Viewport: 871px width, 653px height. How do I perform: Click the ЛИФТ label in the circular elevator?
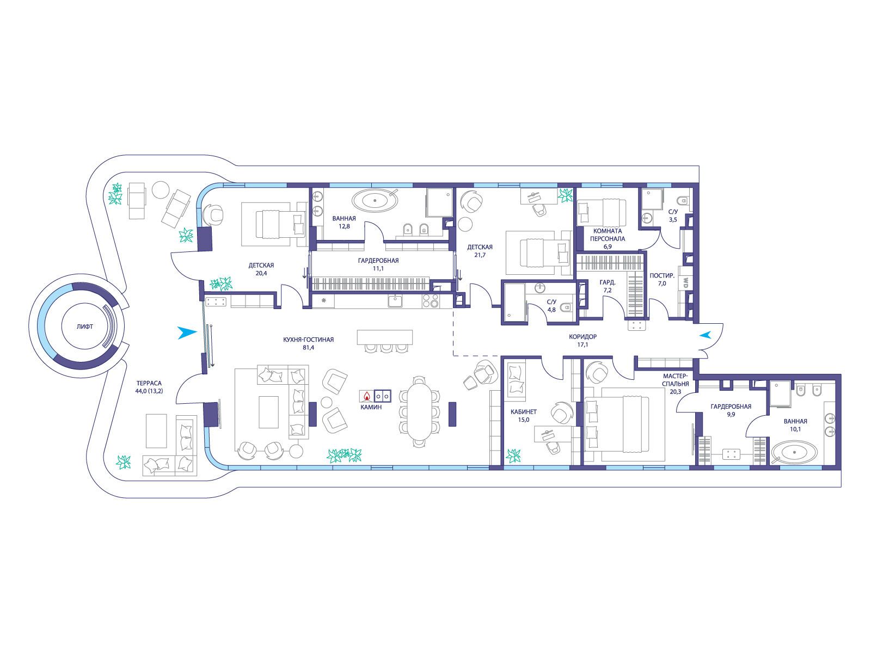coord(84,326)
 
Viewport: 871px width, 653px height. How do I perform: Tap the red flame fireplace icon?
coord(367,396)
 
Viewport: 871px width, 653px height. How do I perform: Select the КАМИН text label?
coord(371,407)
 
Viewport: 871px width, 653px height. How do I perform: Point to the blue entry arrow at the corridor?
coord(705,335)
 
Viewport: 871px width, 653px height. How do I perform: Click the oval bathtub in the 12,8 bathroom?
coord(375,201)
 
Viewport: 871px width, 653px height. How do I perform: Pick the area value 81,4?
coord(308,348)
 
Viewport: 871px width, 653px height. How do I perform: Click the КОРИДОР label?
coord(582,337)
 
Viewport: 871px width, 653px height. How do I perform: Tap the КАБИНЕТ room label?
coord(523,412)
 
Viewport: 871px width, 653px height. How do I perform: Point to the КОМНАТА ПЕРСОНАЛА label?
coord(608,235)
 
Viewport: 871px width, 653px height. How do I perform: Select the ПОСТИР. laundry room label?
coord(662,275)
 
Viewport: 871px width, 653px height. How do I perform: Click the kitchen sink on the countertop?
coord(395,301)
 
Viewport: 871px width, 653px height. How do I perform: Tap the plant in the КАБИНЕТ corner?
coord(513,455)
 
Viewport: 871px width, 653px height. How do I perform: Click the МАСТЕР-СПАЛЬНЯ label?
coord(676,380)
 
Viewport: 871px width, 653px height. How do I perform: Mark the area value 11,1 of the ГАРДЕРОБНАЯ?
coord(378,268)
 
